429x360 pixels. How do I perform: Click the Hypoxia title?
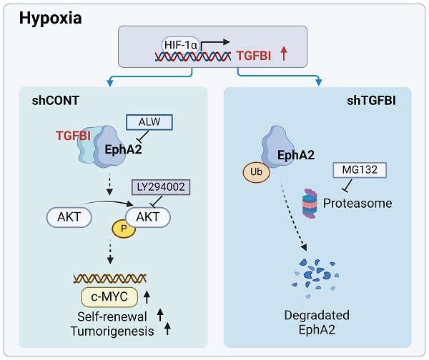[x=50, y=17]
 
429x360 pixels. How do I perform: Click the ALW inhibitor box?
[x=149, y=123]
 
